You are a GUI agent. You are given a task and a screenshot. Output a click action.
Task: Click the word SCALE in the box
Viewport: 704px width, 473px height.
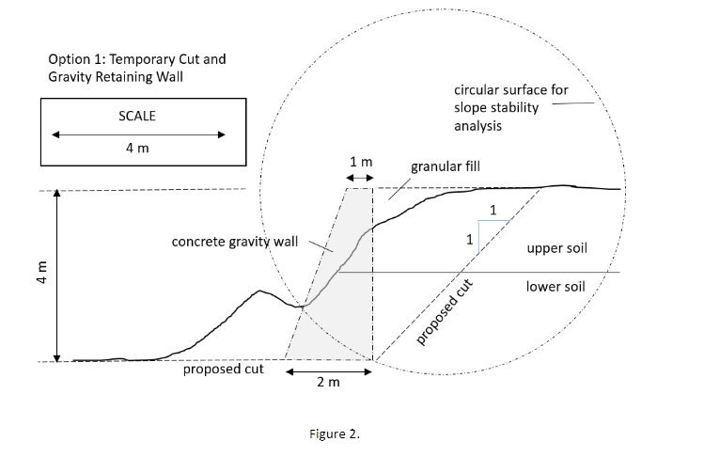pyautogui.click(x=137, y=116)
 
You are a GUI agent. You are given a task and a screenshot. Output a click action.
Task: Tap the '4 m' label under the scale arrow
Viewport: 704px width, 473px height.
pyautogui.click(x=137, y=148)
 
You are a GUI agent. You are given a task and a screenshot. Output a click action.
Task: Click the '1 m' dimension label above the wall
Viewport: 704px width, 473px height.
pyautogui.click(x=361, y=162)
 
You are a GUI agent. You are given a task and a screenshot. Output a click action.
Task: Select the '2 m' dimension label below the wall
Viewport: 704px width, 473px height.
pyautogui.click(x=328, y=382)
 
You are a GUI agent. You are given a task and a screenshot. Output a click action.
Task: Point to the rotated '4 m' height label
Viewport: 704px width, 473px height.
pyautogui.click(x=41, y=272)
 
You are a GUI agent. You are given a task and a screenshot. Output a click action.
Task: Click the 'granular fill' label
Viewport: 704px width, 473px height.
pyautogui.click(x=446, y=166)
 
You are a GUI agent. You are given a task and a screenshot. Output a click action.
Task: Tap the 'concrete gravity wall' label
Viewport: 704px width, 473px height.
pyautogui.click(x=235, y=242)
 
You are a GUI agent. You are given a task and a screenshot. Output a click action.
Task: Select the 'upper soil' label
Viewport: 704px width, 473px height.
pyautogui.click(x=556, y=248)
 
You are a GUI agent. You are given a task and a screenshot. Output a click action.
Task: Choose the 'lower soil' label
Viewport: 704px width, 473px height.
pyautogui.click(x=555, y=287)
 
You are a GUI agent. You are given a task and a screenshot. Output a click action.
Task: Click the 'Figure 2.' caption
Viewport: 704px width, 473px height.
pyautogui.click(x=335, y=434)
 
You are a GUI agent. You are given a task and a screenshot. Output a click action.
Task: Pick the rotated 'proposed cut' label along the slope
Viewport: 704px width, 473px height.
pyautogui.click(x=444, y=312)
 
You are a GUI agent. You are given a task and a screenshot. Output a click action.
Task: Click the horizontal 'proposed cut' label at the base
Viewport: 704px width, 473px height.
pyautogui.click(x=223, y=370)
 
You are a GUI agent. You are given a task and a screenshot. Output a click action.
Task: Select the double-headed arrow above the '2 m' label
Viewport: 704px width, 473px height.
pyautogui.click(x=329, y=372)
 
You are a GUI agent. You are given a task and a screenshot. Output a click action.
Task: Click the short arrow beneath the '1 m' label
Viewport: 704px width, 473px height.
pyautogui.click(x=360, y=178)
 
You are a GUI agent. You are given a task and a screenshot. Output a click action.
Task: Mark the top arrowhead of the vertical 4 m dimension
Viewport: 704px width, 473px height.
pyautogui.click(x=56, y=193)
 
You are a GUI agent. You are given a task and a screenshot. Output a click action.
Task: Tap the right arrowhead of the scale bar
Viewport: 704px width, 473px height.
pyautogui.click(x=221, y=134)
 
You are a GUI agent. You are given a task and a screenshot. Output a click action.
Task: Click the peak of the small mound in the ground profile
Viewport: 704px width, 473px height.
pyautogui.click(x=259, y=292)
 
